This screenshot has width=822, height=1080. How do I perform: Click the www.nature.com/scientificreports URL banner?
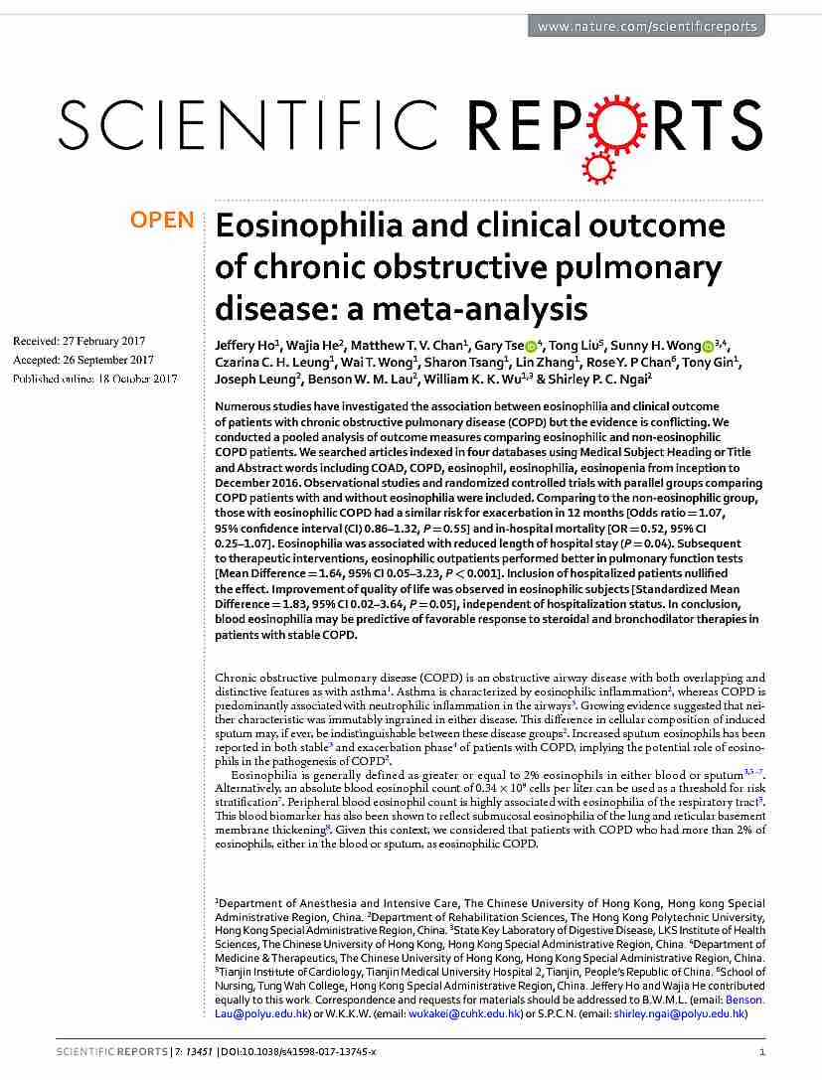coord(647,27)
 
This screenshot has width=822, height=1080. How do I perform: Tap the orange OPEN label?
coord(162,221)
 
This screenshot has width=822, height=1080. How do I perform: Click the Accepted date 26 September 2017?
coord(83,360)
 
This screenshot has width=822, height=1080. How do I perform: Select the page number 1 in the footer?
coord(761,1051)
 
